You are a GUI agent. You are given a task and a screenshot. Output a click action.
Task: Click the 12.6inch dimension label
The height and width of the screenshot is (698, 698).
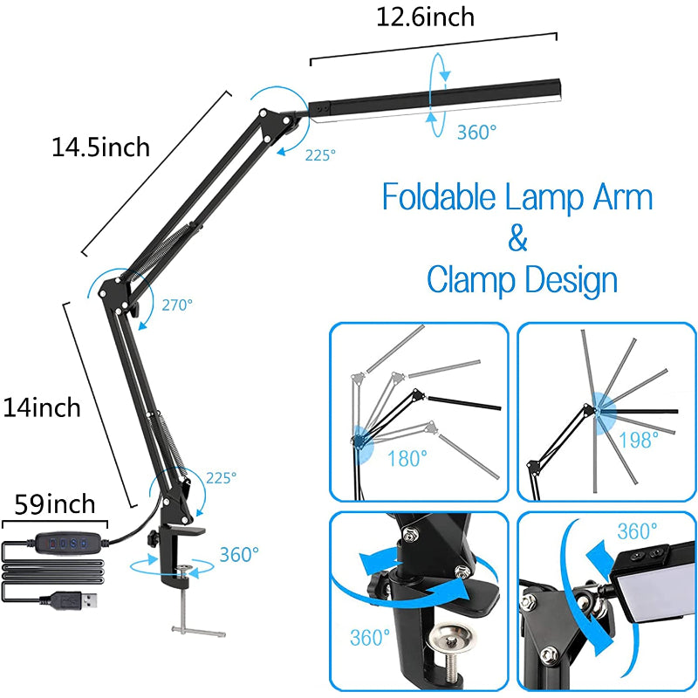(426, 16)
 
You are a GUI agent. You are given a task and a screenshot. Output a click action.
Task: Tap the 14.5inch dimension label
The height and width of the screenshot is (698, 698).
(100, 147)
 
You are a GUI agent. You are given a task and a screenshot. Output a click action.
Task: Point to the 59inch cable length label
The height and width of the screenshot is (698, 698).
(55, 506)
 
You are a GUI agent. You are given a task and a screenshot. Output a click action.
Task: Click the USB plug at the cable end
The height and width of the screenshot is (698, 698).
(73, 600)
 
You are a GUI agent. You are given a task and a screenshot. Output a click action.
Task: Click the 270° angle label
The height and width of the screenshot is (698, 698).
(177, 305)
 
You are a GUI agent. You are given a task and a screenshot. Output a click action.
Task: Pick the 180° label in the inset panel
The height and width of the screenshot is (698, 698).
(407, 459)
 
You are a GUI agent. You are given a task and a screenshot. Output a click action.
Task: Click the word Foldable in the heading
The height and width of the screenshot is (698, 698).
(439, 197)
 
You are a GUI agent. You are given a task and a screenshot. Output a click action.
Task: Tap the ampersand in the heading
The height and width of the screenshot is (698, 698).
(517, 238)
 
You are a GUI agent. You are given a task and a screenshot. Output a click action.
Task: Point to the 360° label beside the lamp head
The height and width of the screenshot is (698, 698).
(476, 132)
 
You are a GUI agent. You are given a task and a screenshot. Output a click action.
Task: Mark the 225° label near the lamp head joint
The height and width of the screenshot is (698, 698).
(320, 155)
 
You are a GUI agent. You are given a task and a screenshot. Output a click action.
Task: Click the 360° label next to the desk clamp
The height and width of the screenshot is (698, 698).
(238, 554)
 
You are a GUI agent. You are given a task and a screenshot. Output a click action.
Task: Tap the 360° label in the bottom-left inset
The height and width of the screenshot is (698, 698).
(369, 638)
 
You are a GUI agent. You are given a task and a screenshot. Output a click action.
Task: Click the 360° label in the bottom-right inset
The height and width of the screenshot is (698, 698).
(638, 531)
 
